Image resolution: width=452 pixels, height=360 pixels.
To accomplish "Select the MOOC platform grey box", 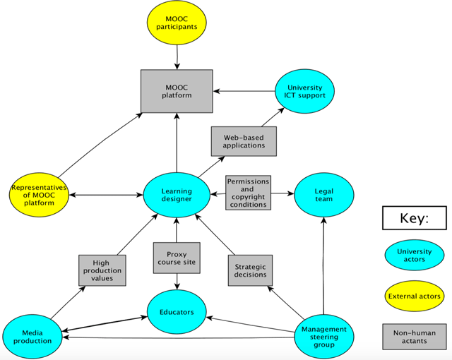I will tap(177, 90).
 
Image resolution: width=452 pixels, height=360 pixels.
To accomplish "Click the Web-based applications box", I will tap(244, 141).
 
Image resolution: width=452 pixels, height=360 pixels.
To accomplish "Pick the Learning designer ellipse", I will tap(176, 194).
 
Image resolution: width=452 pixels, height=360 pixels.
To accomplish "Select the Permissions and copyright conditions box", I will tap(247, 193).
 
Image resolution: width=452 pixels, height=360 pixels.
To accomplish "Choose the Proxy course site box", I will tap(176, 259).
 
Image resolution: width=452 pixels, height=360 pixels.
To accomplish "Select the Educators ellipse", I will tap(177, 311).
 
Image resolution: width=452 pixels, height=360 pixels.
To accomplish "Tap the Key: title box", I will tap(414, 218).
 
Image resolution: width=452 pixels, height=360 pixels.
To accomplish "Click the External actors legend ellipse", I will tap(414, 296).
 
